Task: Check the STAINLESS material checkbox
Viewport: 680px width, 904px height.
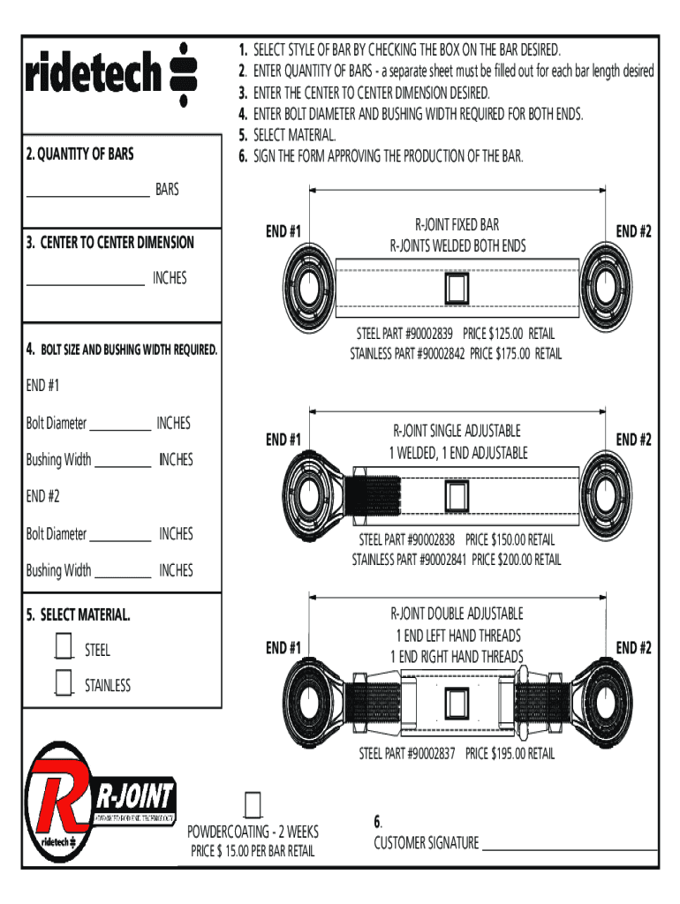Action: pyautogui.click(x=63, y=683)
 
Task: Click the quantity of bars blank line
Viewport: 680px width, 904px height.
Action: pyautogui.click(x=88, y=192)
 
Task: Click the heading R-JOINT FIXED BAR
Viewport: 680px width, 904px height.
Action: pyautogui.click(x=457, y=225)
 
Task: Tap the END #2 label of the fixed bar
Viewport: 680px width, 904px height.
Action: pyautogui.click(x=633, y=231)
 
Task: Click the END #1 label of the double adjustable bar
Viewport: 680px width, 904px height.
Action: pyautogui.click(x=283, y=648)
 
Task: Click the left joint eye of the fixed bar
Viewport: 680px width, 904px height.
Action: pyautogui.click(x=309, y=288)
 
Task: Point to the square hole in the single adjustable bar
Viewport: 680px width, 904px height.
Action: pyautogui.click(x=457, y=496)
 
